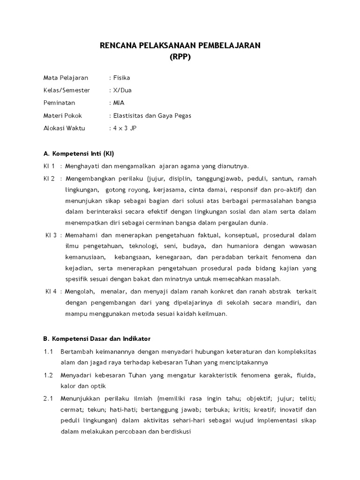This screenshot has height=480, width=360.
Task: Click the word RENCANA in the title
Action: coord(120,45)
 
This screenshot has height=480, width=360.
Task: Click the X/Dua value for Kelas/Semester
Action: coord(124,90)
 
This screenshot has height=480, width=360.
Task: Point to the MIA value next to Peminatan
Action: coord(119,103)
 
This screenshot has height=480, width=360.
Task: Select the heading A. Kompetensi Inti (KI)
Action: coord(79,153)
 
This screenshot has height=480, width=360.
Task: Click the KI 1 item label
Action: coord(49,166)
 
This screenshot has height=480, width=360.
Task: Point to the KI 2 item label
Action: coord(49,179)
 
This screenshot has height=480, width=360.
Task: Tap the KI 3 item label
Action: coord(51,235)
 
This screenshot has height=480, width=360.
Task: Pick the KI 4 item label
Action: coord(51,291)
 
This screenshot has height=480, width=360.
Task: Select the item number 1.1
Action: coord(48,351)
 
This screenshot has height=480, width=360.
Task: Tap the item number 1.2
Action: coord(48,376)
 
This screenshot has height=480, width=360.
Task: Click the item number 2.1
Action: coord(48,398)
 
